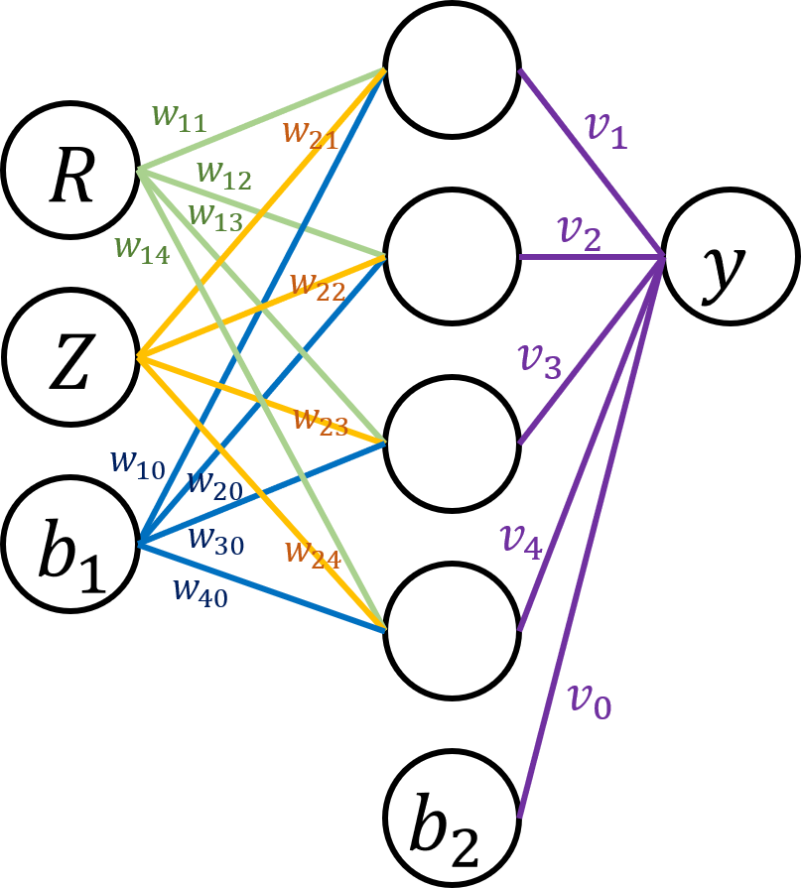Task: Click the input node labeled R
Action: coord(69,170)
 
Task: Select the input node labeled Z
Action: coord(69,357)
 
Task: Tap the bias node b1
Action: coord(69,544)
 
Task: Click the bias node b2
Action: coord(452,818)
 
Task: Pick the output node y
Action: coord(731,257)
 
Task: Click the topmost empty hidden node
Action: coord(452,69)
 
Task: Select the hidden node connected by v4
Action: coord(452,631)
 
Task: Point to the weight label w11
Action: coord(180,118)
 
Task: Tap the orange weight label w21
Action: coord(310,133)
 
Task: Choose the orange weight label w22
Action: coord(318,287)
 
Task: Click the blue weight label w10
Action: coord(138,464)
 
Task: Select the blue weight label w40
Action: coord(200,590)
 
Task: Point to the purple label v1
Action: coord(604,132)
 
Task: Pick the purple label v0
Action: coord(589,700)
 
